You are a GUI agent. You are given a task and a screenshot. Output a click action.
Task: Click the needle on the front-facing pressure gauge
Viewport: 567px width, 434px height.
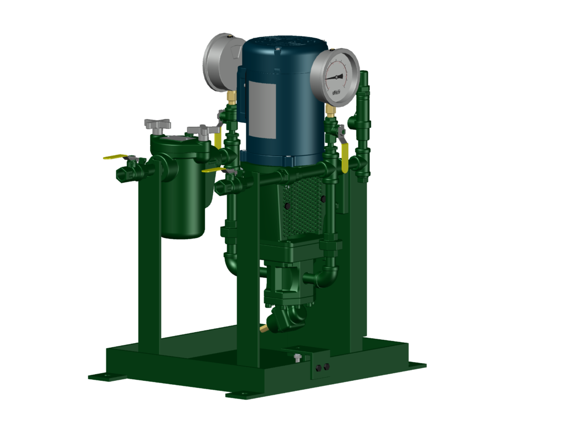click(x=333, y=77)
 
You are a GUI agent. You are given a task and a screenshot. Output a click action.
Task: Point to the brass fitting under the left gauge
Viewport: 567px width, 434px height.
click(x=231, y=99)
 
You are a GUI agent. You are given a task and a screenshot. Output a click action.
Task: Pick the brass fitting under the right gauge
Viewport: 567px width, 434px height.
click(x=331, y=111)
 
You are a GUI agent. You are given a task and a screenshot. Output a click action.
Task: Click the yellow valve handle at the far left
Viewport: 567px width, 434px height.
click(x=115, y=157)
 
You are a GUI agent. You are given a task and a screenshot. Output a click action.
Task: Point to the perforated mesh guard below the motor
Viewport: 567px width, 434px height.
click(x=302, y=208)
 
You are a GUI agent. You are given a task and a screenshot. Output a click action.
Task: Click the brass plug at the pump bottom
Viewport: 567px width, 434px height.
click(x=264, y=329)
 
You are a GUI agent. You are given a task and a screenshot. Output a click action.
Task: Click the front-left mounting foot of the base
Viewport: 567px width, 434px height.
click(x=106, y=377)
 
